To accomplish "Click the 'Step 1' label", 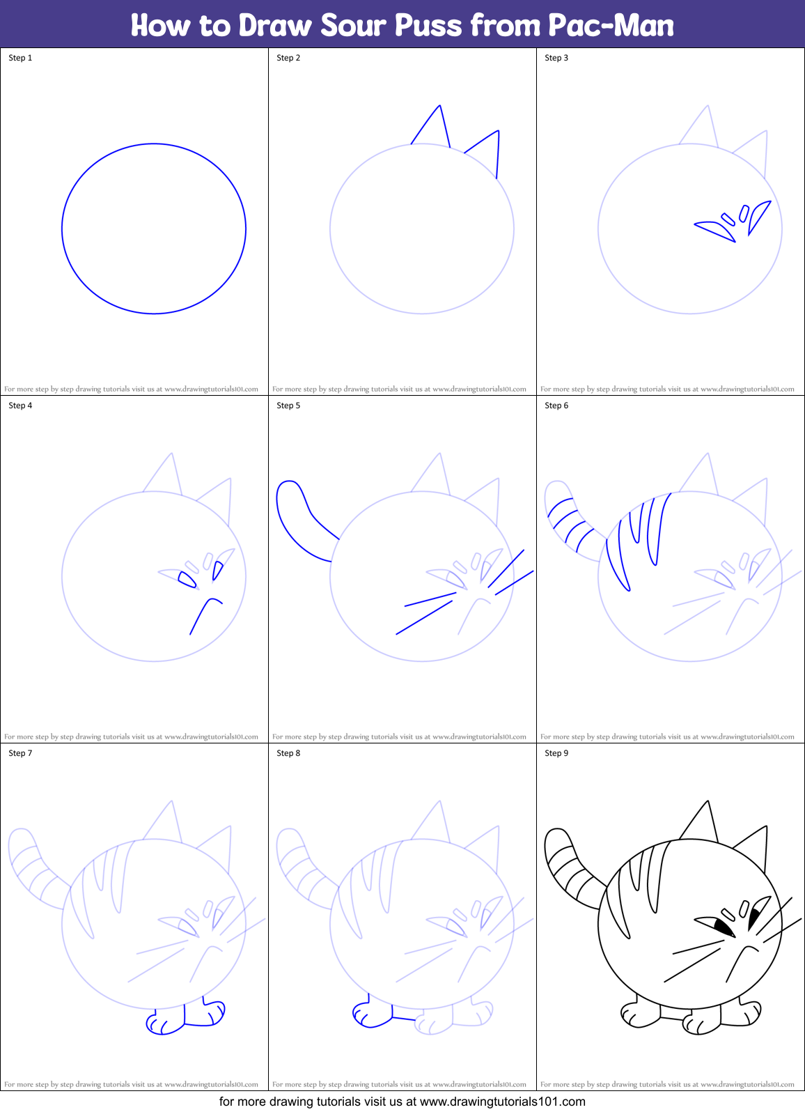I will click(x=20, y=58).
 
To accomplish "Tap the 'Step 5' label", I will click(x=288, y=406).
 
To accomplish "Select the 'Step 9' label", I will click(x=556, y=753).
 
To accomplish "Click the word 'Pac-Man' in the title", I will click(x=611, y=26).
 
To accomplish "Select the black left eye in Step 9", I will click(x=721, y=927).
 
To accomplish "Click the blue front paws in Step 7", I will click(x=185, y=1018).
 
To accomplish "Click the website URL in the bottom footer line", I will click(x=502, y=1102).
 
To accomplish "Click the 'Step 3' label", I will click(x=556, y=58).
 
